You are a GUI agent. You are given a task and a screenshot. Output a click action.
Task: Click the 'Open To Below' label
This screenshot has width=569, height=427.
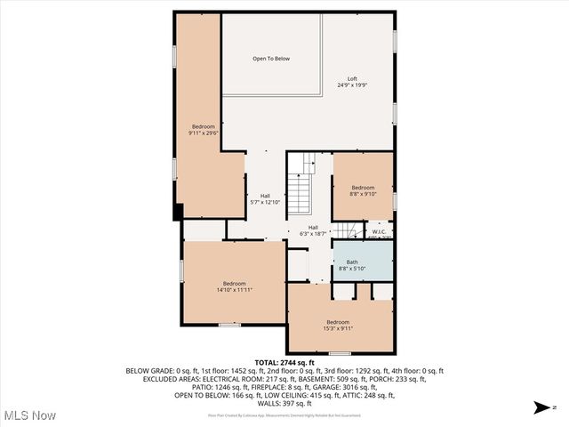pos(271,59)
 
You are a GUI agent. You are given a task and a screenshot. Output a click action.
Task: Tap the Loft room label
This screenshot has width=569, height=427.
pos(353,78)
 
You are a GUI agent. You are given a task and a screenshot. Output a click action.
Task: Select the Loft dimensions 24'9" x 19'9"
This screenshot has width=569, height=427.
pos(353,85)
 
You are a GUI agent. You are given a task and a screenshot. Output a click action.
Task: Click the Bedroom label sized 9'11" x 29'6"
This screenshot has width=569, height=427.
pos(203,126)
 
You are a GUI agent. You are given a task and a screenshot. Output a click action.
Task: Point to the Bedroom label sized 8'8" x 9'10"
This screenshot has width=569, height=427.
pos(363,188)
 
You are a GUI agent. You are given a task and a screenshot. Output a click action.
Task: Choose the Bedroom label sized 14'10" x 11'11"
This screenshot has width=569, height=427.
pos(234,284)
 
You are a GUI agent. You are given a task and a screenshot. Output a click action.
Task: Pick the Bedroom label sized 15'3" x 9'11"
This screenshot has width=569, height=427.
pos(338,322)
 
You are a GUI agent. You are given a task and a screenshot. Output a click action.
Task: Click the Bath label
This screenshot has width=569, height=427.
pos(340,262)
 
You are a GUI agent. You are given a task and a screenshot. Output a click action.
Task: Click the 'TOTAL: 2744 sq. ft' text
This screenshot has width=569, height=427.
pos(284,363)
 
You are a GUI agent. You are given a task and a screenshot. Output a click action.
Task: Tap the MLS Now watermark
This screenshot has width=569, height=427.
pos(29,415)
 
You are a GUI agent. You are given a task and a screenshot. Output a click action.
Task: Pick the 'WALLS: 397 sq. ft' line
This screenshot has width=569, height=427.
pos(284,403)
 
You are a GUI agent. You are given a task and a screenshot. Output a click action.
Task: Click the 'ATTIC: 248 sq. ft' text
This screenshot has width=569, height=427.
pos(393,395)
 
